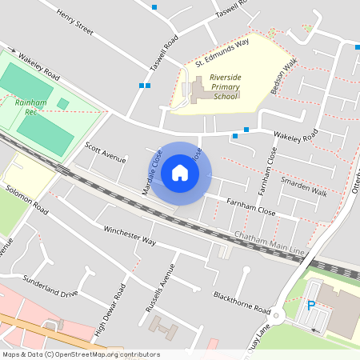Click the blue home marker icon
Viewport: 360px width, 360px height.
[180, 172]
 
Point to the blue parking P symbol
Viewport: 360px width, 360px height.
[311, 305]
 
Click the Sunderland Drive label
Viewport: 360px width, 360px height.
[50, 287]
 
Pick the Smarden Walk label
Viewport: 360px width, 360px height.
[303, 186]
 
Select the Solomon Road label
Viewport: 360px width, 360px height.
[27, 204]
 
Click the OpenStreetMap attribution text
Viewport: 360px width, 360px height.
[80, 354]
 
